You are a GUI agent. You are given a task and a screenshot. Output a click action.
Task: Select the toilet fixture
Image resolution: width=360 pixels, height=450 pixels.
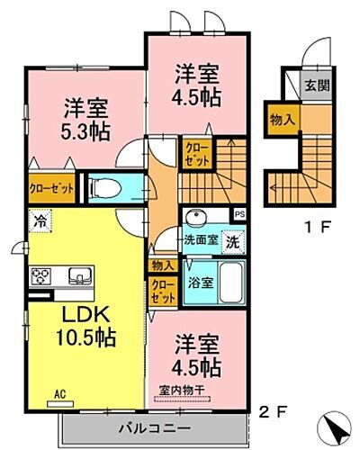coord(106,186)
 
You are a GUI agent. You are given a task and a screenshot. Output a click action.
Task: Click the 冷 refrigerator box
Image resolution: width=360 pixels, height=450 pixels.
coord(40,218)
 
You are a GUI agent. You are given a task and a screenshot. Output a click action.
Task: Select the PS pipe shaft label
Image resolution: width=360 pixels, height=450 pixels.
coord(238,215)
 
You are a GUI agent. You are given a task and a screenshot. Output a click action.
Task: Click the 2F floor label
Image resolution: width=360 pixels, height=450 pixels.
coord(274,411)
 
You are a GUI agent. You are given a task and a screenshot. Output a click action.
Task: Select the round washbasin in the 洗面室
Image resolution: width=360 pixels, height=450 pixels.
coord(195,219)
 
